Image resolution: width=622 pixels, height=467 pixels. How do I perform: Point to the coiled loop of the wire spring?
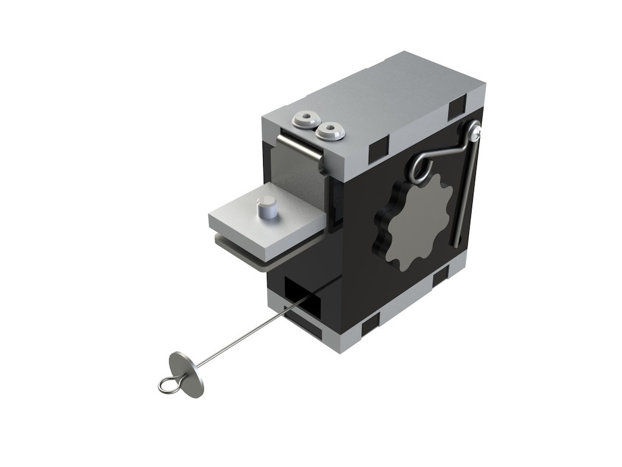(420, 167)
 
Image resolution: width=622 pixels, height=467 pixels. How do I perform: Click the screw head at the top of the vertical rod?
(475, 130)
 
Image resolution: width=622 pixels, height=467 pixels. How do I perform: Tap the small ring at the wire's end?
(166, 386)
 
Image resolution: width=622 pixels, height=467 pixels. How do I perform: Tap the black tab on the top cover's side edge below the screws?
(378, 148)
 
